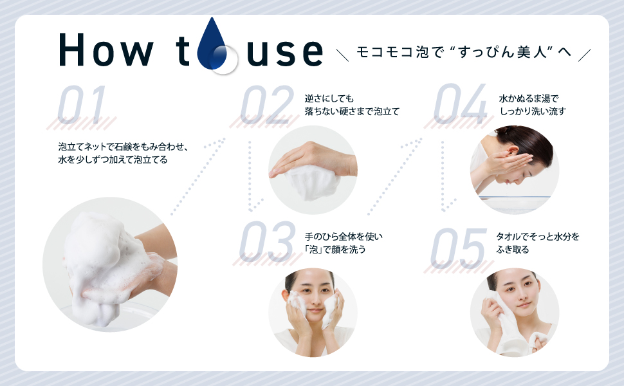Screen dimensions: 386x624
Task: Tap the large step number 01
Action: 81,106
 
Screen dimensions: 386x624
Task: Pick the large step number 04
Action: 459,106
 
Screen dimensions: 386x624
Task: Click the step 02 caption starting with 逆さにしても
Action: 352,105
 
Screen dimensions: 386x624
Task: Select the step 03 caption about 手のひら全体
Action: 344,243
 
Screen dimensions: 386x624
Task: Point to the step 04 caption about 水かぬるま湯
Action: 532,105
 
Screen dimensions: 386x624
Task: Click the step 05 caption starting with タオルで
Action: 538,243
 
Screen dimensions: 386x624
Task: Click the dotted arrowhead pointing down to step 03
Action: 252,207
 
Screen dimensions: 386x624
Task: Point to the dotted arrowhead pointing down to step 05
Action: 445,207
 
